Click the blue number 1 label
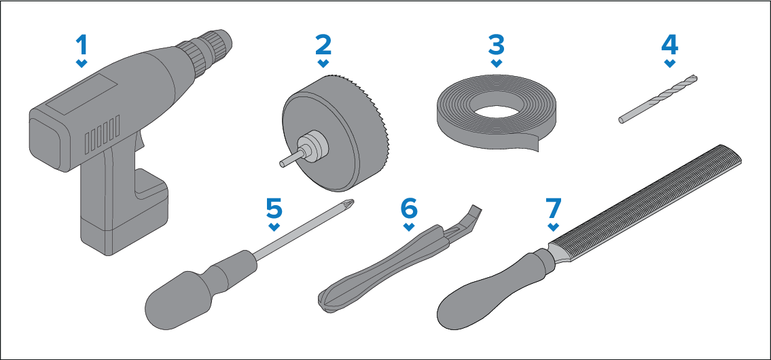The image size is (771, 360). [82, 45]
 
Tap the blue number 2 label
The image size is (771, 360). [323, 45]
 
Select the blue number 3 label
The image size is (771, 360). [497, 45]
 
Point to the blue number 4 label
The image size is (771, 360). [670, 45]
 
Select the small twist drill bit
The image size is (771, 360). [658, 99]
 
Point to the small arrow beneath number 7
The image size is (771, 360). [553, 227]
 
